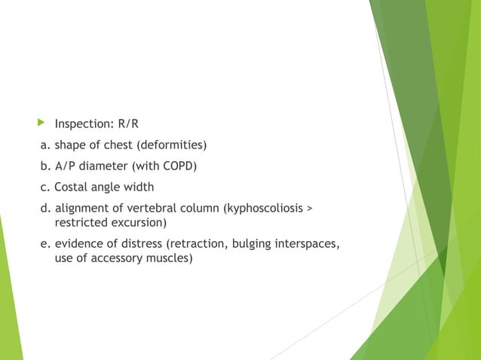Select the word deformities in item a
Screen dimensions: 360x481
174,144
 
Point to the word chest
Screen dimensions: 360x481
123,144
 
